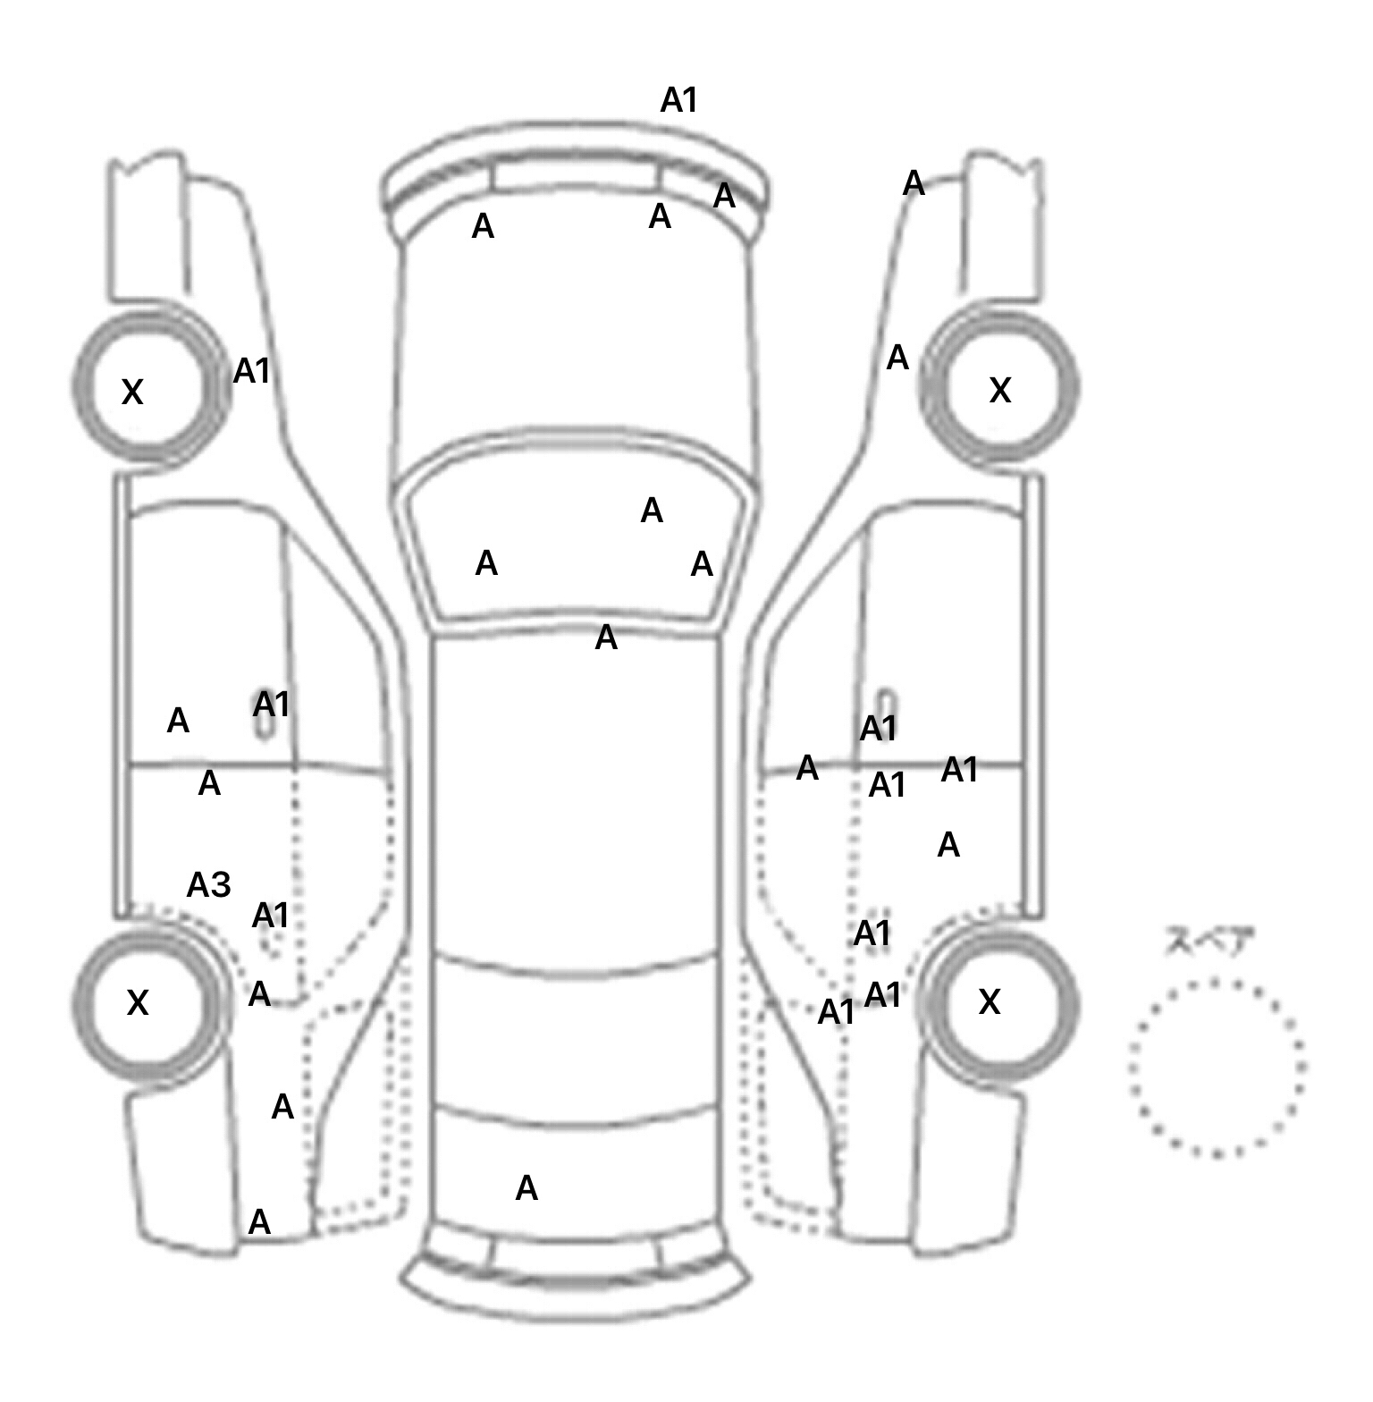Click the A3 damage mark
tap(208, 885)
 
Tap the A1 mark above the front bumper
tap(678, 100)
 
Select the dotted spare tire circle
tap(1217, 1068)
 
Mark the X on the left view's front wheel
tap(132, 392)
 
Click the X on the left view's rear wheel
tap(138, 1003)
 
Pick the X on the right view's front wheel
tap(1000, 390)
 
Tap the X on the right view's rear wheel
tap(990, 1002)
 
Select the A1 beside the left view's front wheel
tap(251, 370)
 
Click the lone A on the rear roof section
tap(526, 1188)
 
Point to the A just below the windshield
tap(606, 638)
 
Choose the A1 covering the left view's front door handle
tap(271, 705)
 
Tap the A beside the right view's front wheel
tap(897, 358)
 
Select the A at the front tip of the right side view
tap(913, 183)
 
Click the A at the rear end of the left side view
tap(259, 1221)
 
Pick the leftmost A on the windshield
tap(486, 563)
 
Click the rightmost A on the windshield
tap(702, 564)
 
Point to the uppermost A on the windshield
tap(652, 511)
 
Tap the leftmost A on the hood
tap(483, 227)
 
